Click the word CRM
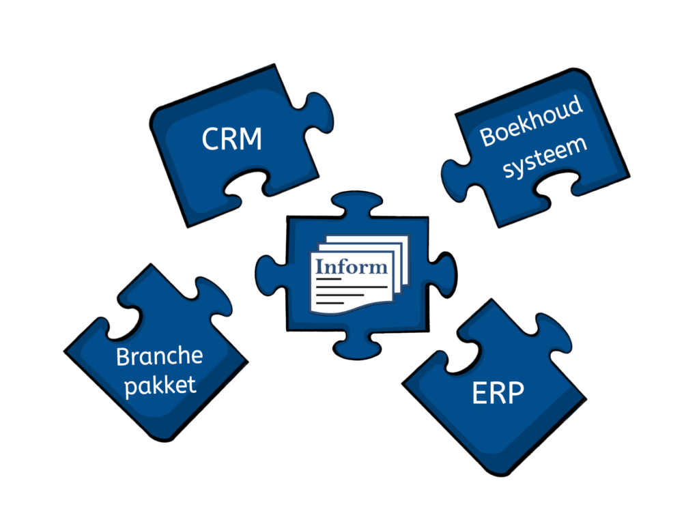pyautogui.click(x=232, y=139)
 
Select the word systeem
pyautogui.click(x=545, y=156)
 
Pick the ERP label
pyautogui.click(x=498, y=394)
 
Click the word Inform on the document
pyautogui.click(x=351, y=265)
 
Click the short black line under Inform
pyautogui.click(x=328, y=278)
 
